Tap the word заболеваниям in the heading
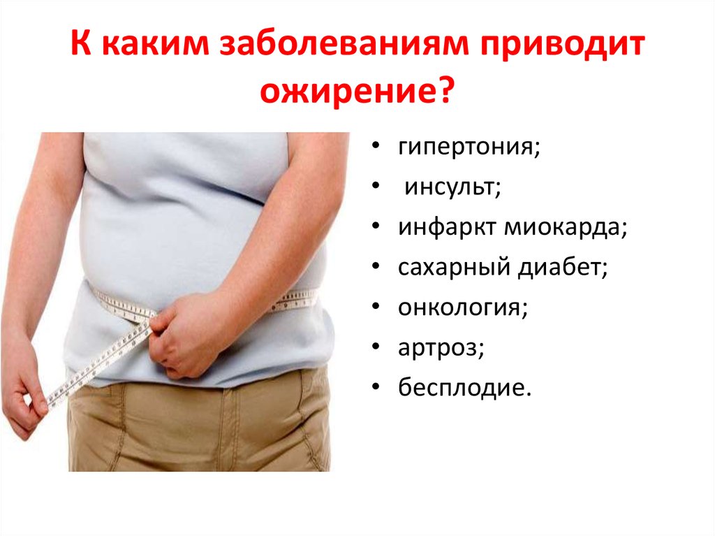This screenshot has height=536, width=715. click(344, 45)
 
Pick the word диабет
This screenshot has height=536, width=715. click(558, 267)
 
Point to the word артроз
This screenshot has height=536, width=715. click(437, 348)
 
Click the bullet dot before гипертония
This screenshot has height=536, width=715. click(376, 147)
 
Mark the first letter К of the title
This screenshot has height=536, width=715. click(81, 45)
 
